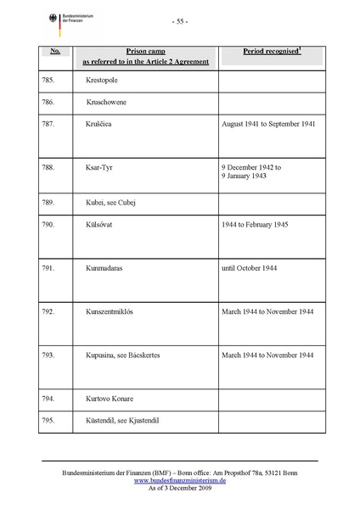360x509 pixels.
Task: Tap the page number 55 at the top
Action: pyautogui.click(x=179, y=21)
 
